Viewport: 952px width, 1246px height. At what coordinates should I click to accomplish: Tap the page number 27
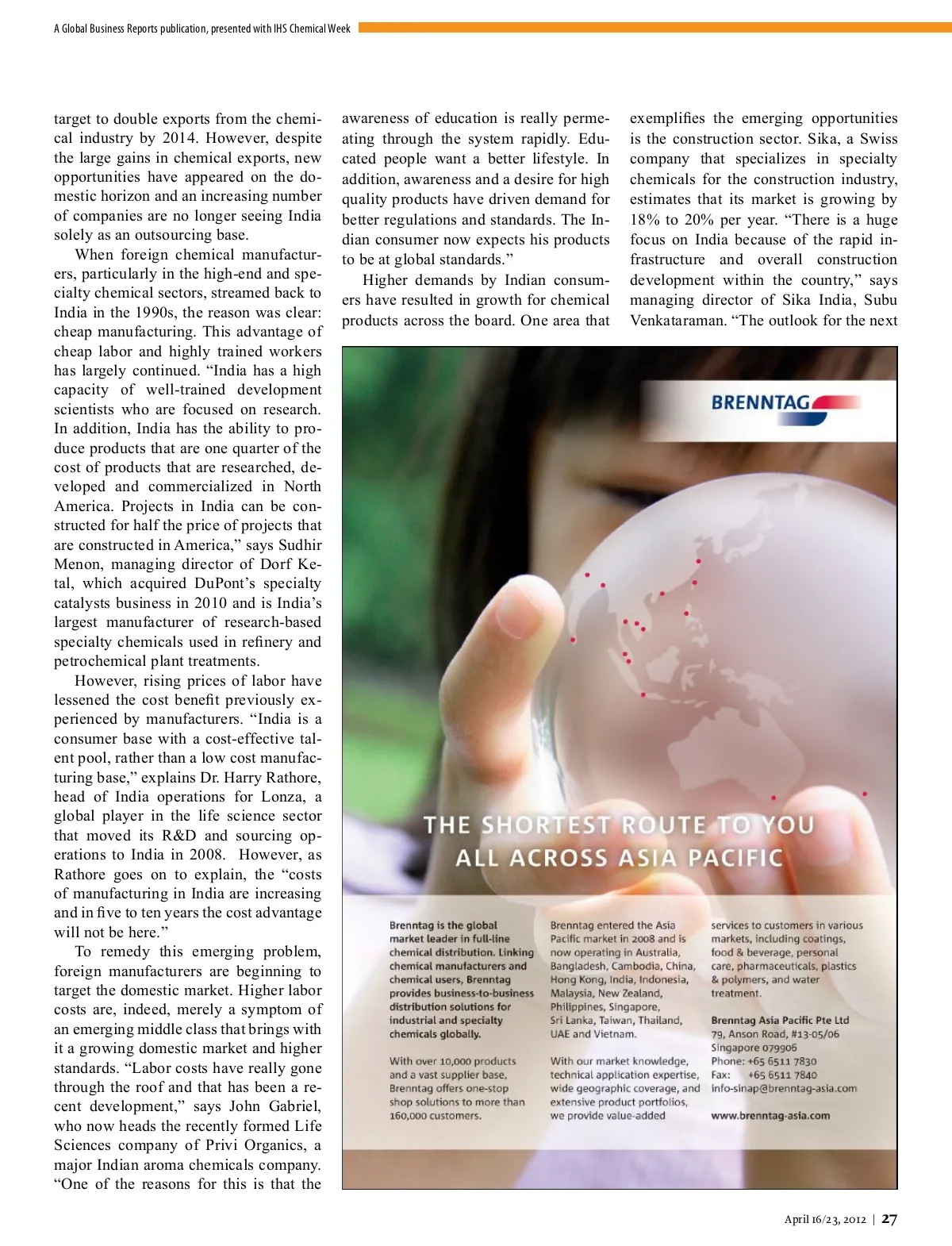(x=889, y=1220)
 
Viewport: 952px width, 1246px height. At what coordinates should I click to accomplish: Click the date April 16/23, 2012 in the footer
(x=825, y=1220)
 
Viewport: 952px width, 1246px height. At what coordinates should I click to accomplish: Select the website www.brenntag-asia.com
(x=770, y=1115)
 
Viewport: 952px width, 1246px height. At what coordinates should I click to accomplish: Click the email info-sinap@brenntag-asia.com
(x=784, y=1088)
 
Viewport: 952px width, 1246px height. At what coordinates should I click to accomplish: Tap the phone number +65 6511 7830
(x=781, y=1061)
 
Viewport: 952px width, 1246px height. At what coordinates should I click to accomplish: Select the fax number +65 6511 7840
(x=781, y=1075)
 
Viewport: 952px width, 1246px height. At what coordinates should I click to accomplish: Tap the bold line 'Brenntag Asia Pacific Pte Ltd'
(x=780, y=1020)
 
